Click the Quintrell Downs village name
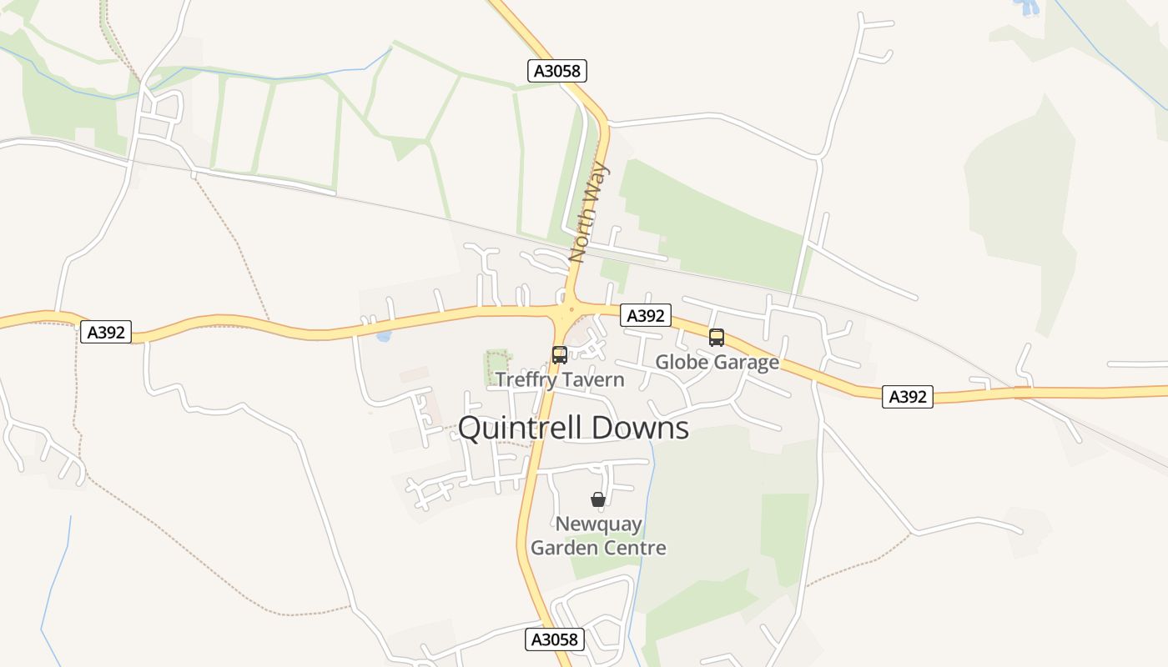pyautogui.click(x=573, y=428)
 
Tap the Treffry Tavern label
pyautogui.click(x=559, y=380)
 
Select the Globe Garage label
pyautogui.click(x=717, y=362)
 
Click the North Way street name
pyautogui.click(x=590, y=213)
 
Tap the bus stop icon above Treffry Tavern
pyautogui.click(x=560, y=355)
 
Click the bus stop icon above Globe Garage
pyautogui.click(x=717, y=338)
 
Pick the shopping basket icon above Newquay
pyautogui.click(x=598, y=499)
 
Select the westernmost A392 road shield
pyautogui.click(x=107, y=332)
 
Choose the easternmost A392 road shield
pyautogui.click(x=908, y=397)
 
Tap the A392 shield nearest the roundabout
pyautogui.click(x=646, y=315)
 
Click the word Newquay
pyautogui.click(x=599, y=524)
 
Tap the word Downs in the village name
pyautogui.click(x=637, y=428)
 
